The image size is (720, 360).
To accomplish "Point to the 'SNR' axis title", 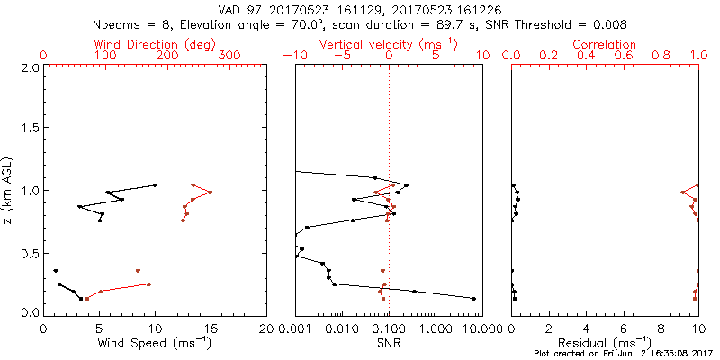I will [388, 342].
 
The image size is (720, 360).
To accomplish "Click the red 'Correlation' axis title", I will [605, 44].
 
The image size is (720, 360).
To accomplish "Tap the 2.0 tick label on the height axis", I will [29, 67].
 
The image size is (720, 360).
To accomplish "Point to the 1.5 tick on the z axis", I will [29, 129].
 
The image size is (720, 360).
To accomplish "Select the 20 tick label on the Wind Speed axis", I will [266, 328].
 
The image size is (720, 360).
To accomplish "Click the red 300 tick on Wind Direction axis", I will [229, 56].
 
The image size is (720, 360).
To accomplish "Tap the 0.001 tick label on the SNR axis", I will [295, 328].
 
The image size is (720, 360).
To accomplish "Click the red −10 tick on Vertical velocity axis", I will [292, 56].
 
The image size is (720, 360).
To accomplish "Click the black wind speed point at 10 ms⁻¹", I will [155, 185].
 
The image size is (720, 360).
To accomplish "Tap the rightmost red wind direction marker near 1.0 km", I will [210, 192].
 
